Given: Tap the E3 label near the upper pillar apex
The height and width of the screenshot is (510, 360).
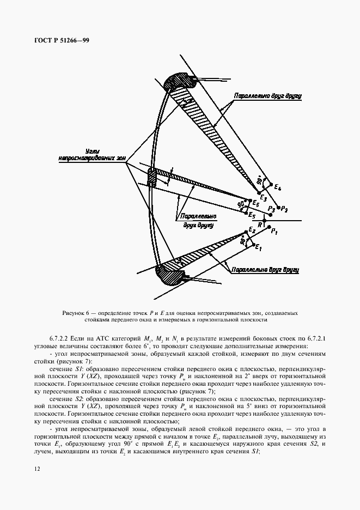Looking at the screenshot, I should pyautogui.click(x=264, y=197).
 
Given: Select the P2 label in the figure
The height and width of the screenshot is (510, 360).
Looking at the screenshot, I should pyautogui.click(x=285, y=209).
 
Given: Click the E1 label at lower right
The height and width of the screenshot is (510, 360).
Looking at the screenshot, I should pyautogui.click(x=259, y=248).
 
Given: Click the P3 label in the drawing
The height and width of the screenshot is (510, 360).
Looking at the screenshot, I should pyautogui.click(x=271, y=209).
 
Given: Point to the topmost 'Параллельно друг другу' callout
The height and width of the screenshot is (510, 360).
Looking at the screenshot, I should pyautogui.click(x=268, y=95).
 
